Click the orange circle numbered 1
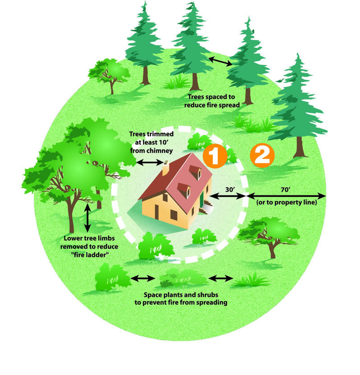214,156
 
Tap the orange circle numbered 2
262,155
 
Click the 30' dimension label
230,190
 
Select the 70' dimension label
286,190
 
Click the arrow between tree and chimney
150,162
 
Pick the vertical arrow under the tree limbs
88,218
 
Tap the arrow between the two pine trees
220,61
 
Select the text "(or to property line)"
286,202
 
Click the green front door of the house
202,199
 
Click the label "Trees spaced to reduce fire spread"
212,101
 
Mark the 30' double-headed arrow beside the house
228,196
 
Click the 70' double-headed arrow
286,196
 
